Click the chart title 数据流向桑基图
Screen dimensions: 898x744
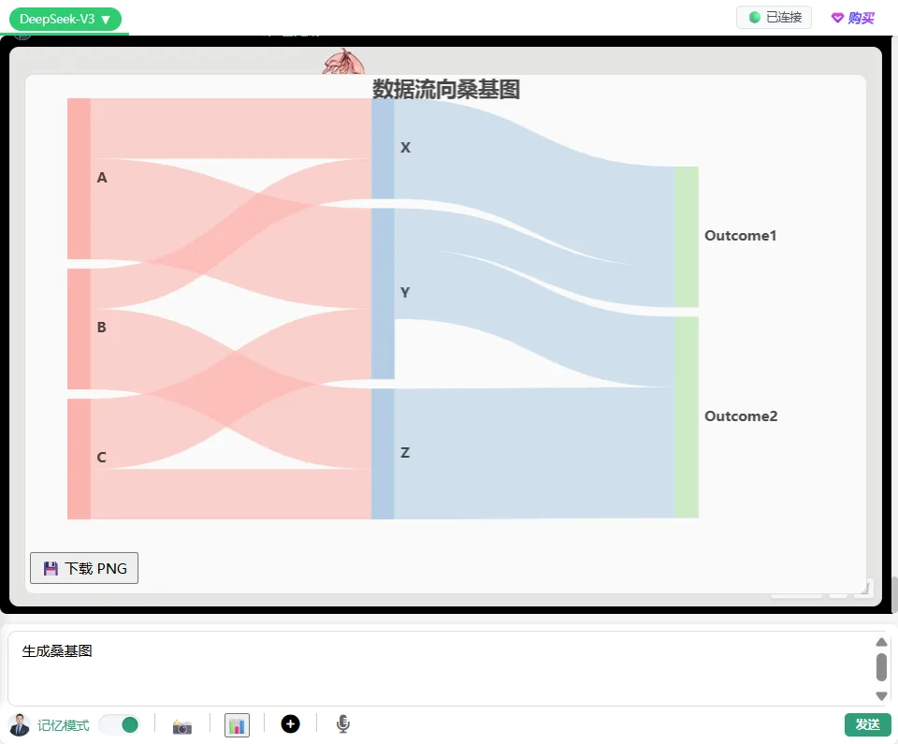click(x=446, y=89)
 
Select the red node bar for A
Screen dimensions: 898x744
click(x=79, y=178)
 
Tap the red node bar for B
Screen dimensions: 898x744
click(x=79, y=328)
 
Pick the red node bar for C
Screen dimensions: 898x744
click(x=79, y=459)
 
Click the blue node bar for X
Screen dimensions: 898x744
click(x=383, y=148)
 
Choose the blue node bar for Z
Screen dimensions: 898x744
click(x=383, y=453)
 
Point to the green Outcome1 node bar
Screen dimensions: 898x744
click(x=687, y=236)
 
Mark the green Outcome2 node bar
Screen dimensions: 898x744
click(x=687, y=416)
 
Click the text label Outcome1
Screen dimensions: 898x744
click(x=741, y=236)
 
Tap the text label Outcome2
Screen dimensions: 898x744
click(x=741, y=416)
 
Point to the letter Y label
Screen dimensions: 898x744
click(x=405, y=293)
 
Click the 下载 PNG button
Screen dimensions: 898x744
click(x=84, y=568)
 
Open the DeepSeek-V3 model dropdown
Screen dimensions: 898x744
click(x=65, y=19)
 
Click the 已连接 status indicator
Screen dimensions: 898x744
click(x=774, y=18)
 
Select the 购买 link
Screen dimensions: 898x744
click(x=853, y=18)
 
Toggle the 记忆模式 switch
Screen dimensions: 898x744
click(x=119, y=724)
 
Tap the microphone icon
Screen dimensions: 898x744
click(x=343, y=724)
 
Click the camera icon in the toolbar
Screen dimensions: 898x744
click(x=182, y=725)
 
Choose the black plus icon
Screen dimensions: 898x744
click(x=290, y=723)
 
